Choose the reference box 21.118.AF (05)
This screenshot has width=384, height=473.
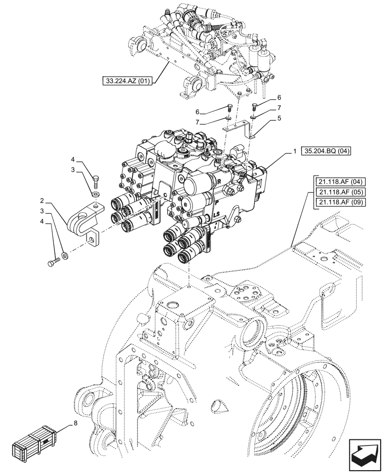(335, 192)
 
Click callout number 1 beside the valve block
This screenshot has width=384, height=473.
(295, 151)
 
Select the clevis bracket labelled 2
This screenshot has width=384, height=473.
(83, 220)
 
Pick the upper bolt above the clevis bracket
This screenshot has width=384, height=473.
(96, 181)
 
